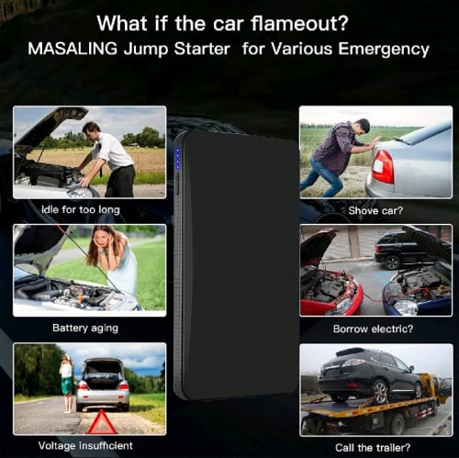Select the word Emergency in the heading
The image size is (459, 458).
[384, 48]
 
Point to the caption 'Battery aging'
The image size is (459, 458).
[85, 328]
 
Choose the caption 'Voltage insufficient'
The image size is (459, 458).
[86, 445]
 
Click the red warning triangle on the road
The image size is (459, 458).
[101, 421]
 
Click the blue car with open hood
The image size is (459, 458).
[420, 284]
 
